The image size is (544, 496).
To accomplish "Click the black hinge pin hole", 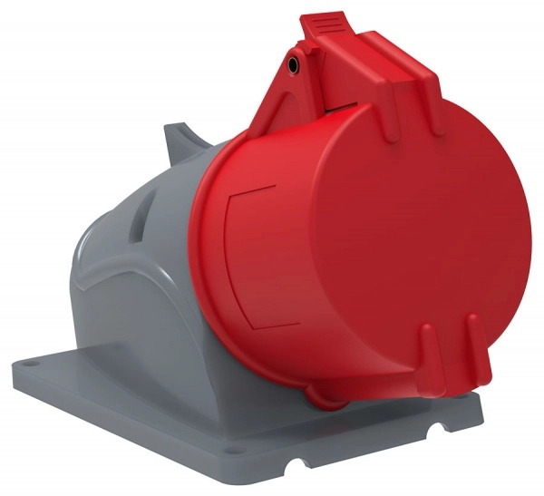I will point(293,66).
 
